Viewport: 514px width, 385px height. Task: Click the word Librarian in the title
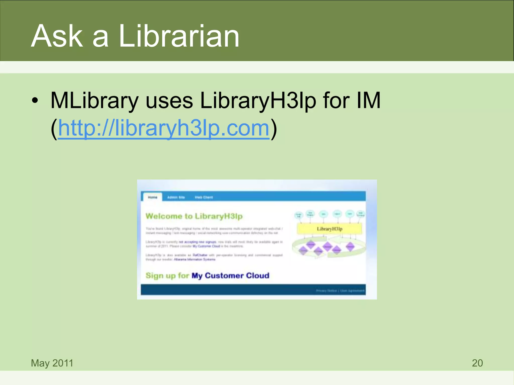click(179, 36)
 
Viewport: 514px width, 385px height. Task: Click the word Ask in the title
click(57, 36)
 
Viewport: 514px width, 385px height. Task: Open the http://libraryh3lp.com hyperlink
click(164, 128)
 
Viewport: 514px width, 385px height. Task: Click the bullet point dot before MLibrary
click(35, 101)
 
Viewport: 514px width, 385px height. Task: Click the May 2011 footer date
click(52, 363)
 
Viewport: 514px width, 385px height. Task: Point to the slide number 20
click(477, 363)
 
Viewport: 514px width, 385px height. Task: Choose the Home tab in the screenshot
click(152, 197)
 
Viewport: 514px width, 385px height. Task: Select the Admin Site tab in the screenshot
click(176, 197)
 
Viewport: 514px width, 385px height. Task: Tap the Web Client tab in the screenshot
click(204, 197)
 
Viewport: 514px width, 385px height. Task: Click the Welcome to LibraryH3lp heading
click(194, 216)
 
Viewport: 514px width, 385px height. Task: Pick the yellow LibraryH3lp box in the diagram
click(329, 229)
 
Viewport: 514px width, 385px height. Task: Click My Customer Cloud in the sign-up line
click(230, 275)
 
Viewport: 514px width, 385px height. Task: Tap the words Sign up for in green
click(167, 275)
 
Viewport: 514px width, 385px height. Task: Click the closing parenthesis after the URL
click(274, 128)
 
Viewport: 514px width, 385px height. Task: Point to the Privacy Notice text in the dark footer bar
click(326, 291)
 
